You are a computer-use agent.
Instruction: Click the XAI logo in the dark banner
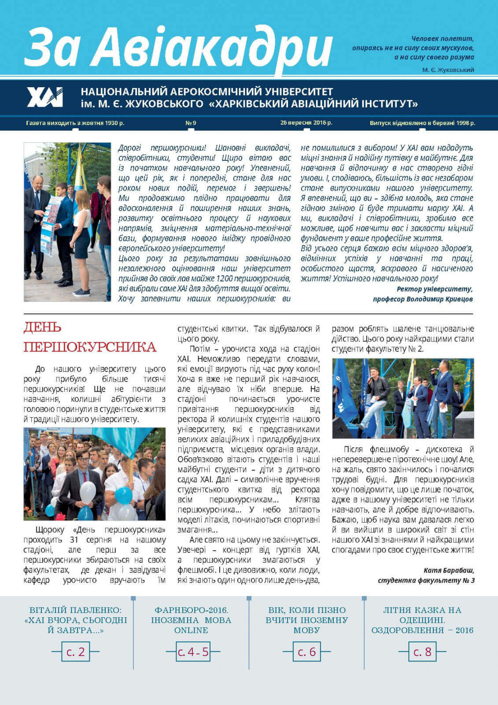pyautogui.click(x=45, y=97)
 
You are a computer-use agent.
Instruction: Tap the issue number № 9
pyautogui.click(x=191, y=123)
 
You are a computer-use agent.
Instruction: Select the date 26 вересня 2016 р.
pyautogui.click(x=306, y=123)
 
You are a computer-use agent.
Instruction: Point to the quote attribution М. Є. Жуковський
pyautogui.click(x=448, y=70)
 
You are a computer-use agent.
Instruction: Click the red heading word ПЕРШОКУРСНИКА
pyautogui.click(x=90, y=347)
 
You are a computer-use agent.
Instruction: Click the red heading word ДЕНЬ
pyautogui.click(x=42, y=327)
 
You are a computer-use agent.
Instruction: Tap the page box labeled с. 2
pyautogui.click(x=76, y=652)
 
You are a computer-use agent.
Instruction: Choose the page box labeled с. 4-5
pyautogui.click(x=193, y=652)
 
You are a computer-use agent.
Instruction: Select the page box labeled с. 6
pyautogui.click(x=307, y=652)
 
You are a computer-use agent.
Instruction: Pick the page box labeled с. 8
pyautogui.click(x=422, y=652)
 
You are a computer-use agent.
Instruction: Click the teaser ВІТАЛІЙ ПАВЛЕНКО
pyautogui.click(x=75, y=610)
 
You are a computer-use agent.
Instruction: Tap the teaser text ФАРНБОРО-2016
pyautogui.click(x=191, y=610)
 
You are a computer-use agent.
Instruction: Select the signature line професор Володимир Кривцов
pyautogui.click(x=423, y=299)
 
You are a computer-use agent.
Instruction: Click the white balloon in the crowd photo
pyautogui.click(x=88, y=491)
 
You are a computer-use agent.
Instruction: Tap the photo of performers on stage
pyautogui.click(x=403, y=398)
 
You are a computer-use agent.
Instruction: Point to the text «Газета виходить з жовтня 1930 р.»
pyautogui.click(x=75, y=123)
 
